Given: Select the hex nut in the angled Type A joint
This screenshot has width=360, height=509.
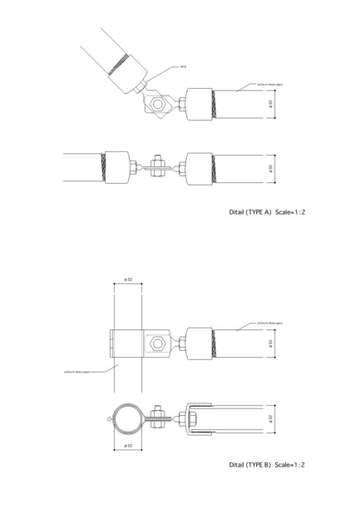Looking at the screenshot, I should pyautogui.click(x=157, y=105).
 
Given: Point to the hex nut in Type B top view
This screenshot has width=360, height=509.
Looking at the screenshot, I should pyautogui.click(x=157, y=342).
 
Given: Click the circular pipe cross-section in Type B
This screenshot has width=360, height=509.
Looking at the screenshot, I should pyautogui.click(x=126, y=419).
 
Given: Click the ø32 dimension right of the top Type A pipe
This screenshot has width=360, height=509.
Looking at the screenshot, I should pyautogui.click(x=272, y=104).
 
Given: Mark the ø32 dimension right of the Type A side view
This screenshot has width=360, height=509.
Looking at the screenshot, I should pyautogui.click(x=272, y=166).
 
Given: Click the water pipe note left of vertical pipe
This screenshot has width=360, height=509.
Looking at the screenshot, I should pyautogui.click(x=76, y=372).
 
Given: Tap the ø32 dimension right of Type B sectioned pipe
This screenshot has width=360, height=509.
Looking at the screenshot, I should pyautogui.click(x=272, y=418).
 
